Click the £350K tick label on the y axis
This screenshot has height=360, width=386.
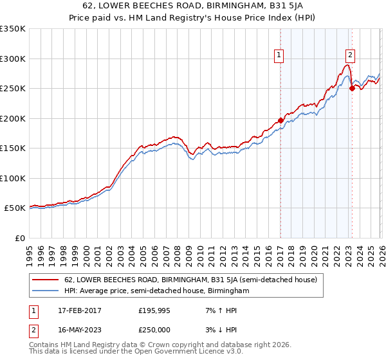12,29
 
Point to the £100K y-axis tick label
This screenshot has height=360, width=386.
12,178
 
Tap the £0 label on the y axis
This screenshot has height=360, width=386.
19,238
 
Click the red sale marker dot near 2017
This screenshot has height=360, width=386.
280,120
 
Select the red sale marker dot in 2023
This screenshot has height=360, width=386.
352,89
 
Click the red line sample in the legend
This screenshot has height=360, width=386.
46,280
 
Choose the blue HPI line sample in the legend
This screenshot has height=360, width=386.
46,291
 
